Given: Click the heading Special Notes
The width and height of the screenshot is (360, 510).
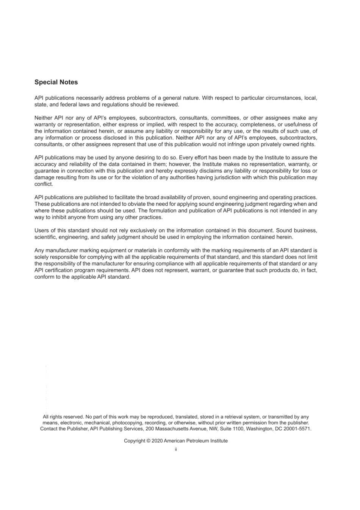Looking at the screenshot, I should tap(56, 82).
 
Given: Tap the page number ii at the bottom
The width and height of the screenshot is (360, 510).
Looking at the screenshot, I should tap(176, 449).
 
